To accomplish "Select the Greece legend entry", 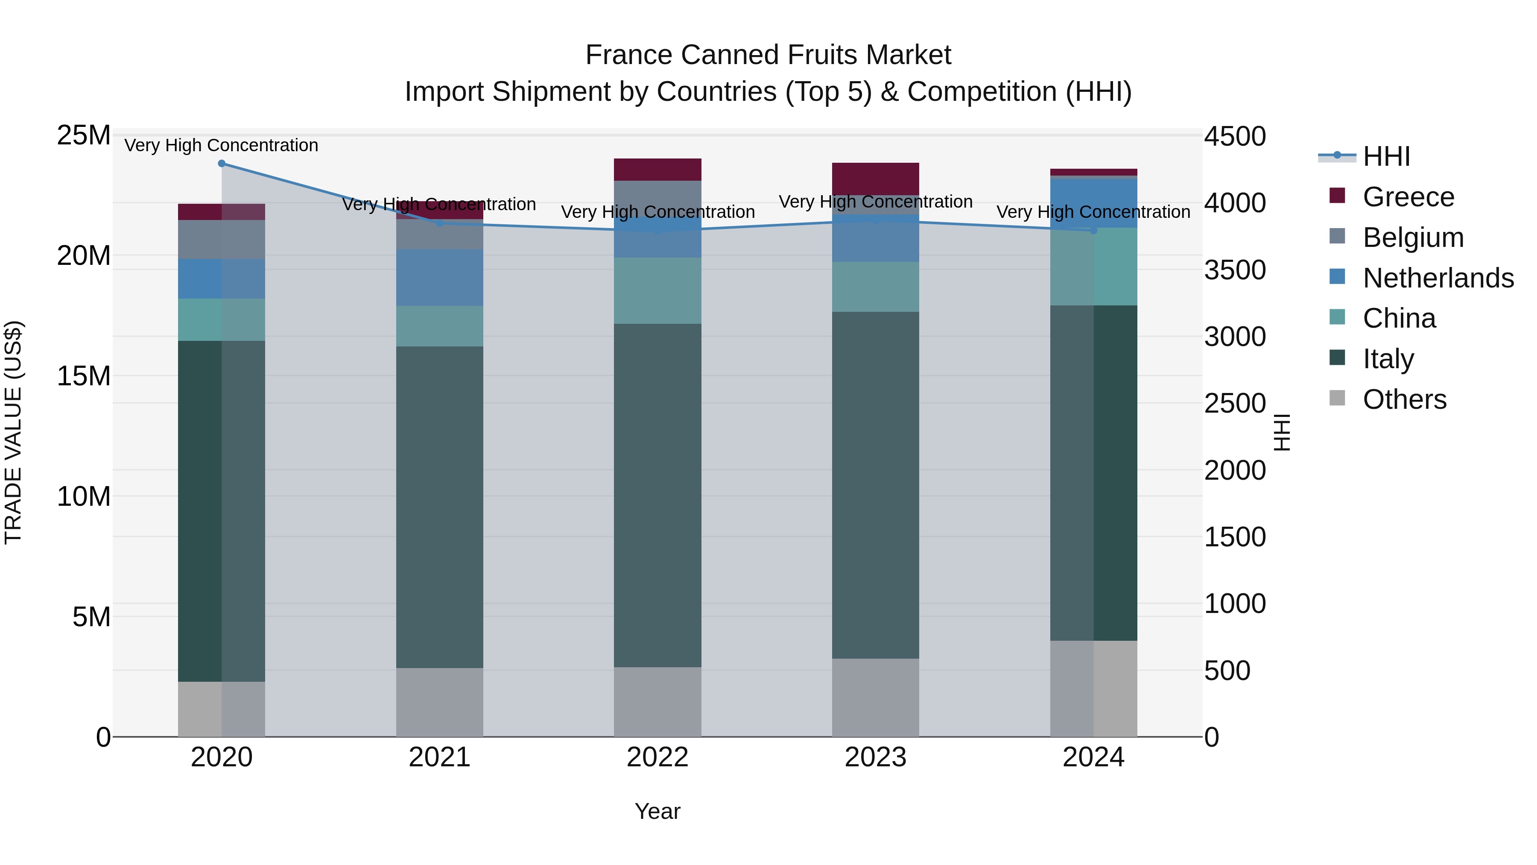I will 1408,197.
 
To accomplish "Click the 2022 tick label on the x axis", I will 657,757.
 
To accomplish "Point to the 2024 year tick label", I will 1093,757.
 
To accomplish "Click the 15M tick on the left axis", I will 84,376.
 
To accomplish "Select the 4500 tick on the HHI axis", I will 1234,136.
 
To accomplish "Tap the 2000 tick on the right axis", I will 1234,470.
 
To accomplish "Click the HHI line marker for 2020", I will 221,164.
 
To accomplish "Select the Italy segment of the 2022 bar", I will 657,496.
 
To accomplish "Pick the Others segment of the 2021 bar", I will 440,702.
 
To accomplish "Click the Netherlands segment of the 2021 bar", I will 440,278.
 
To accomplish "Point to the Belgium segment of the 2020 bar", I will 221,239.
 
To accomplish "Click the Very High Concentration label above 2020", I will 221,145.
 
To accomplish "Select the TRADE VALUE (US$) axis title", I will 13,433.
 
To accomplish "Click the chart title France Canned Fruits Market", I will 768,55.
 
